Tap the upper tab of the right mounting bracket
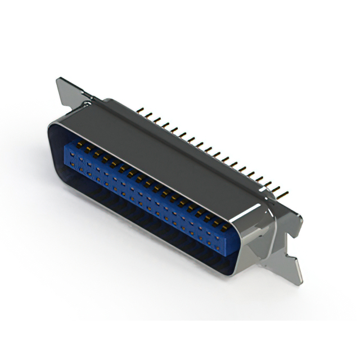[292, 217]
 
